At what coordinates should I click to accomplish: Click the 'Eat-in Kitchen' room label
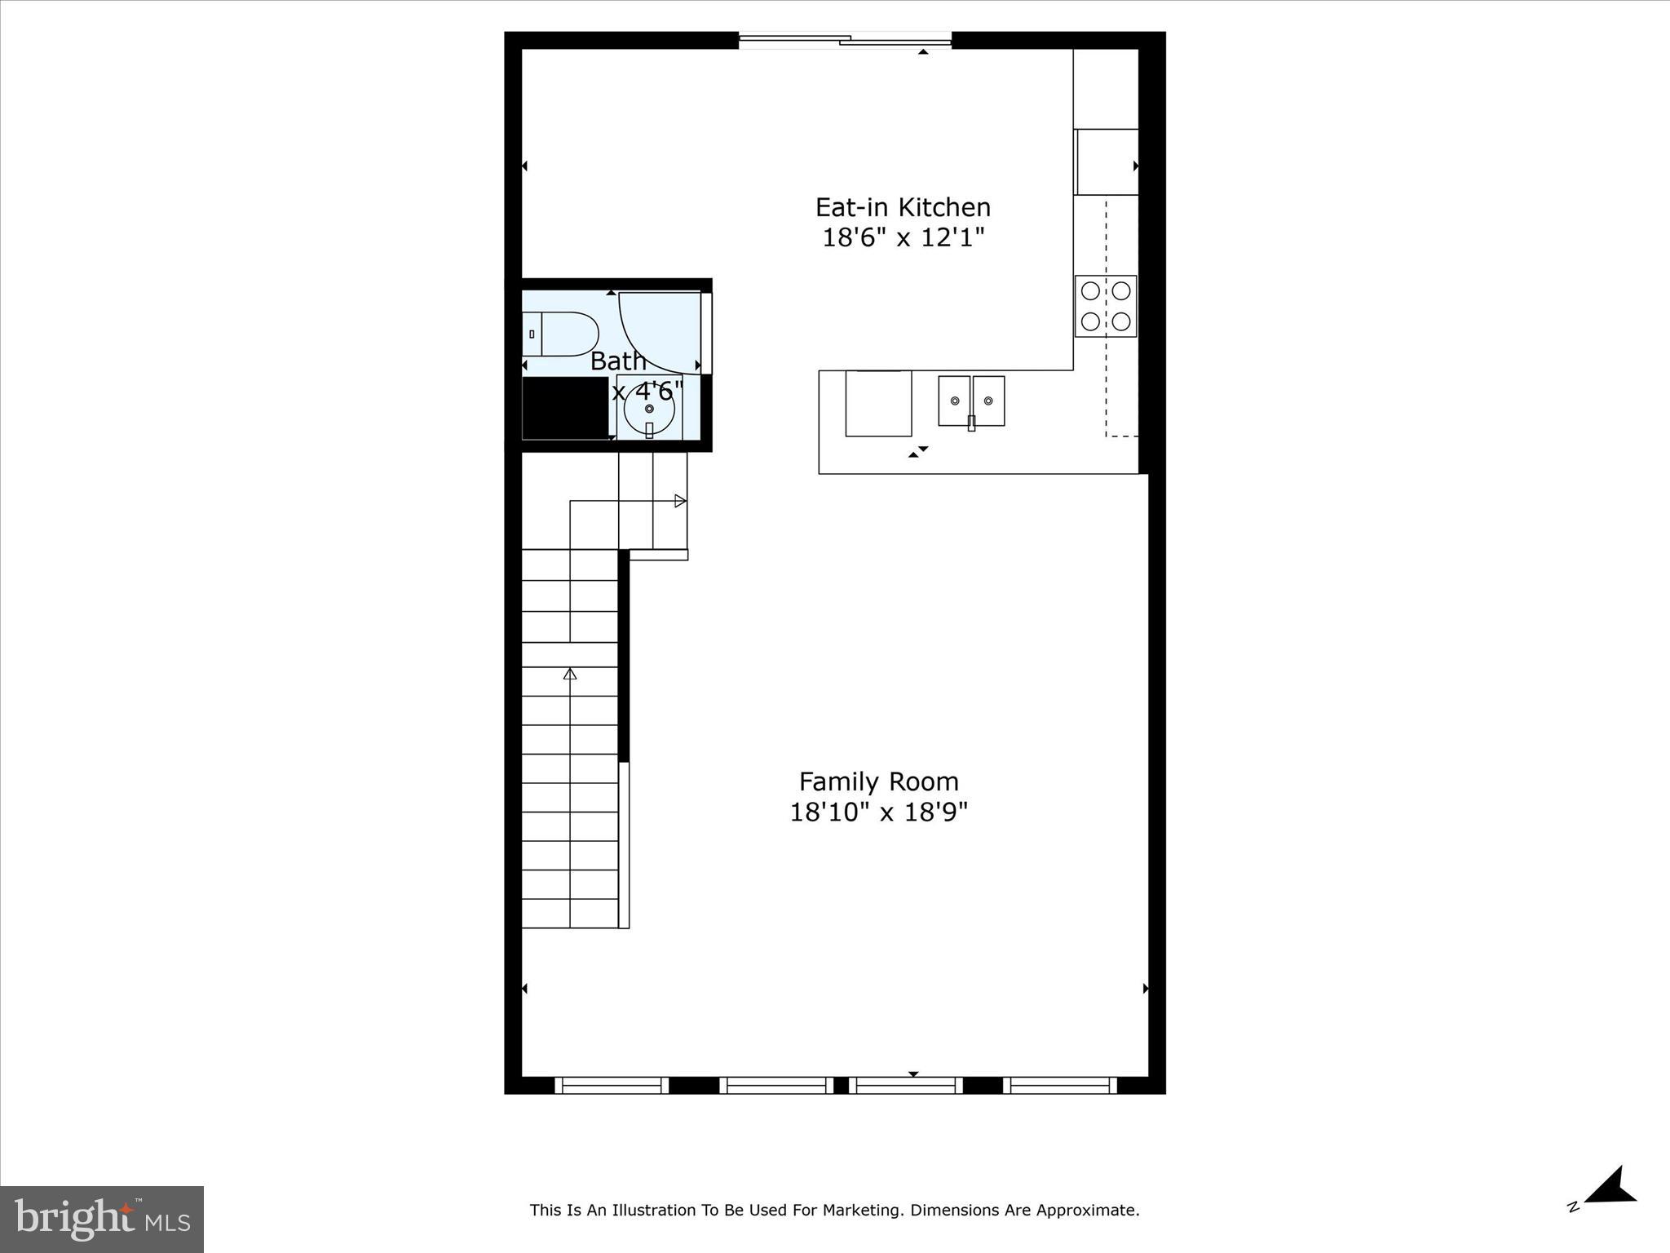pos(903,207)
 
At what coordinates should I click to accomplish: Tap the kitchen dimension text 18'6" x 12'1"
pos(903,238)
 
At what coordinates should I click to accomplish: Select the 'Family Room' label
pos(878,781)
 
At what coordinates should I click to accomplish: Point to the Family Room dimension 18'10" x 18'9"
pos(878,812)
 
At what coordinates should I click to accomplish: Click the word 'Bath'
pos(617,361)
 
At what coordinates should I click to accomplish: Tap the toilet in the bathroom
pos(563,334)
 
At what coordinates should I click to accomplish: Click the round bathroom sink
pos(649,410)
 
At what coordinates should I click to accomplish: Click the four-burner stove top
pos(1106,306)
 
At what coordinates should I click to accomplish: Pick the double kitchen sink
pos(971,401)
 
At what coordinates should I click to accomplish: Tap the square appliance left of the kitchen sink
pos(878,403)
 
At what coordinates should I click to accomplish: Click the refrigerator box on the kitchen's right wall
pos(1107,162)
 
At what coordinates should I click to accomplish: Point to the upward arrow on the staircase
pos(570,674)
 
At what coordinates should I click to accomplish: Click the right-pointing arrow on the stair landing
pos(680,501)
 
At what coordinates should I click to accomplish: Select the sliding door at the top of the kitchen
pos(845,39)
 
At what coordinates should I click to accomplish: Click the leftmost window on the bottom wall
pos(612,1085)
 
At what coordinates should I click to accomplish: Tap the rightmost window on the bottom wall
pos(1060,1085)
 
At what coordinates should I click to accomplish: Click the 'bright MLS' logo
pos(102,1219)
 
